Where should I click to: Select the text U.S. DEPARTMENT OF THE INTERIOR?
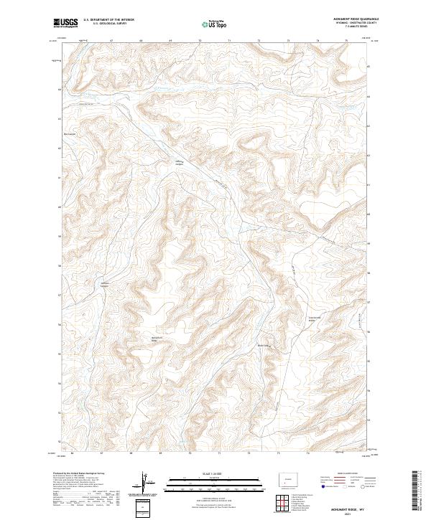108,20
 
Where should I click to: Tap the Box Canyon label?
70,134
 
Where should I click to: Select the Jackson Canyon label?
108,285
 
